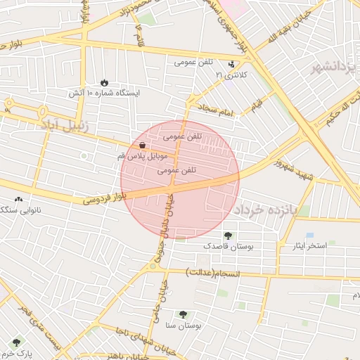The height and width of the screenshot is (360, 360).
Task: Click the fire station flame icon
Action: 105,82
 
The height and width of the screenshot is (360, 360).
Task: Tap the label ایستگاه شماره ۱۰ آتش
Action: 104,93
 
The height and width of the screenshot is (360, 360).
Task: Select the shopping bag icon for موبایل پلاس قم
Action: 143,144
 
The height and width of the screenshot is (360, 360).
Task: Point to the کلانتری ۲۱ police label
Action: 231,74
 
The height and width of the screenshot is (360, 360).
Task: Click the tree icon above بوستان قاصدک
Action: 227,236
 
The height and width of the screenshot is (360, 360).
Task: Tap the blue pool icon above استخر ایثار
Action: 309,236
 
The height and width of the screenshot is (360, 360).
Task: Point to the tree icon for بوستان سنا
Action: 184,315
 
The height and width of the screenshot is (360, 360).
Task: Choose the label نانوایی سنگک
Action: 20,210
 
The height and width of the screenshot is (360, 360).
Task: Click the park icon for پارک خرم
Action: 16,342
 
